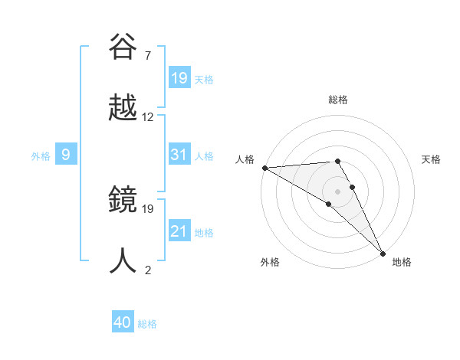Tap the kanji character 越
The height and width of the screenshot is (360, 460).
coord(123,108)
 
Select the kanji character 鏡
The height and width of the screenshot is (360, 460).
coord(123,199)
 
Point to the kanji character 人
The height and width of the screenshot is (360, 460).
coord(123,260)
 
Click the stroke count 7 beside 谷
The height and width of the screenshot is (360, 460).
coord(147,55)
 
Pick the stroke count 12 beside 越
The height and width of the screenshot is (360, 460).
coord(148,117)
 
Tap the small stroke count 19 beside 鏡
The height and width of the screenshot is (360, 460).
coord(148,208)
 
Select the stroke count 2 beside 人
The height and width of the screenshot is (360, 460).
coord(147,270)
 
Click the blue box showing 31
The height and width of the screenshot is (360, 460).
coord(179,155)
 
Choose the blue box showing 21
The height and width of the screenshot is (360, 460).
coord(179,231)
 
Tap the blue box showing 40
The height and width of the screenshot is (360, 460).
coord(123,323)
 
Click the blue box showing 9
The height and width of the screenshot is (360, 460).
coord(66,155)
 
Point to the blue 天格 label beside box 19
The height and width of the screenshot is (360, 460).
coord(204,80)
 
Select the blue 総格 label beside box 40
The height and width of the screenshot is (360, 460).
coord(147,324)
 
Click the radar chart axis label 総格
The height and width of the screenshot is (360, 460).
coord(338,100)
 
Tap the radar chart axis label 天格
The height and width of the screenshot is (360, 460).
coord(431,159)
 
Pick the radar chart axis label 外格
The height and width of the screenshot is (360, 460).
coord(270,262)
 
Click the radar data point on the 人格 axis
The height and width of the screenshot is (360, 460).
coord(264,168)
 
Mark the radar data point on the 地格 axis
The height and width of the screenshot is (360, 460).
coord(383,252)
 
